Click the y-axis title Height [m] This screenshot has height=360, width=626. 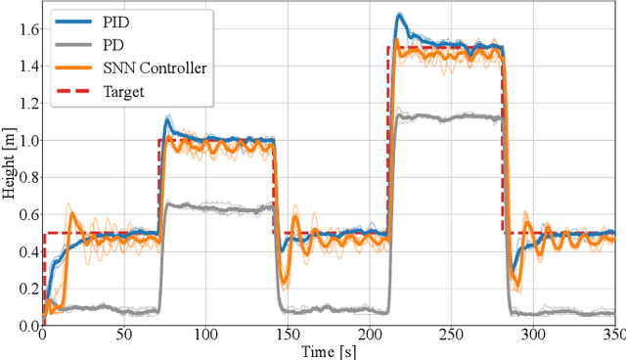9,165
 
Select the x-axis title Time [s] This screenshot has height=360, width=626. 329,350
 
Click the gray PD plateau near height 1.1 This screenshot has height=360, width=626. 450,116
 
